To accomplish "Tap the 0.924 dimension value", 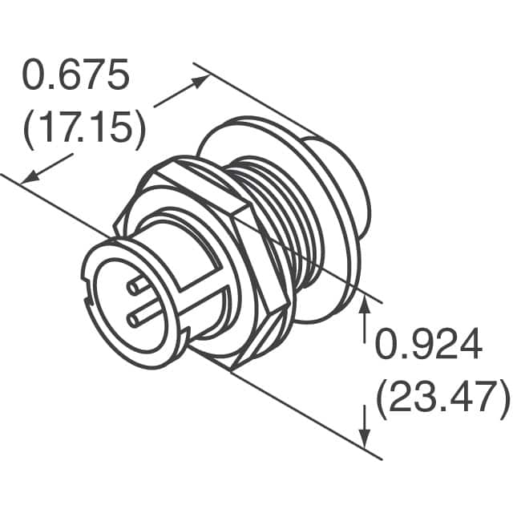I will pos(429,345).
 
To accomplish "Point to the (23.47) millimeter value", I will pos(441,396).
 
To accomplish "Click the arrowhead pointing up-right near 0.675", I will pos(201,81).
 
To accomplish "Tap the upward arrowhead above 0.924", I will pos(366,302).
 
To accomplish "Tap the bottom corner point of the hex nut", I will pos(232,370).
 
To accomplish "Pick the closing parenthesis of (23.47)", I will pos(503,396).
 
